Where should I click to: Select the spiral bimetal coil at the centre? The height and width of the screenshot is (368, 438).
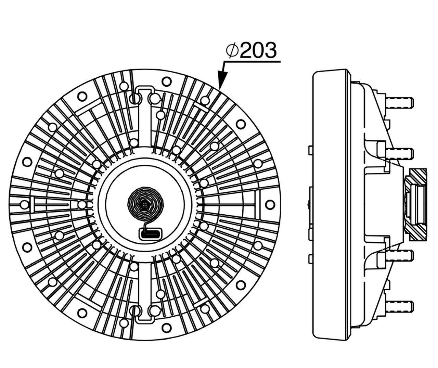[145, 204]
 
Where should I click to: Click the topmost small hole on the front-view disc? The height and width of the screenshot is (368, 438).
[166, 81]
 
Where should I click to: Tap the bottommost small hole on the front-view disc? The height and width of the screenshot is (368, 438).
[166, 327]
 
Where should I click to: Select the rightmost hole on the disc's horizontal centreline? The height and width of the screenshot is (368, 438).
[270, 204]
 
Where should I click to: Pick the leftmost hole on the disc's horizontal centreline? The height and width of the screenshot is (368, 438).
[24, 205]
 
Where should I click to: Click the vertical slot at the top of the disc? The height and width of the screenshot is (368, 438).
[144, 116]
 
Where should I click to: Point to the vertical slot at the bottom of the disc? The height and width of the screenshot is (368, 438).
[144, 293]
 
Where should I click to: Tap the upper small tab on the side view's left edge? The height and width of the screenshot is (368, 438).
[311, 150]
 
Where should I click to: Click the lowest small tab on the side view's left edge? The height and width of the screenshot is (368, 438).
[311, 259]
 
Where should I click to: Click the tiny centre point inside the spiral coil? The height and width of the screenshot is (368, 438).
[145, 205]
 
